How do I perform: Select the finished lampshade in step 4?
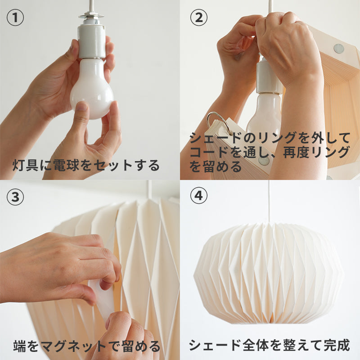pos(269,274)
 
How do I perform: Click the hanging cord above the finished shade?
pos(270,202)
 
